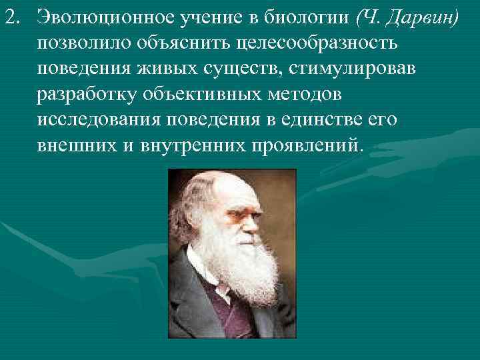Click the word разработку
point(87,94)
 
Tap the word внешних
point(75,145)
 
